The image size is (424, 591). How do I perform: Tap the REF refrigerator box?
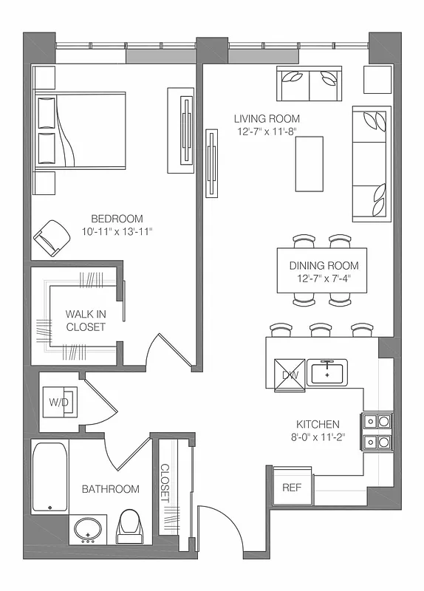coord(292,488)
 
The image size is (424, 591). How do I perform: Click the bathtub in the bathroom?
coord(49,476)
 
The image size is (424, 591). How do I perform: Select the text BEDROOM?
coord(117,219)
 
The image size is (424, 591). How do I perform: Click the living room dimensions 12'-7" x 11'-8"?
coord(267,132)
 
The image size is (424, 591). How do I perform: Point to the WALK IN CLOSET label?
coord(86,321)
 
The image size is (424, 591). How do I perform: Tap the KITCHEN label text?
coord(318,424)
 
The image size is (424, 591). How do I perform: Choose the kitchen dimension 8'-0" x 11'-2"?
coord(318,437)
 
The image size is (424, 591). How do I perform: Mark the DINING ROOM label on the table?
coord(324,266)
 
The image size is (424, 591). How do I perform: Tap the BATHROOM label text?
coord(110,489)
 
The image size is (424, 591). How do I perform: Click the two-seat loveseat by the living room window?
coord(309,83)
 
